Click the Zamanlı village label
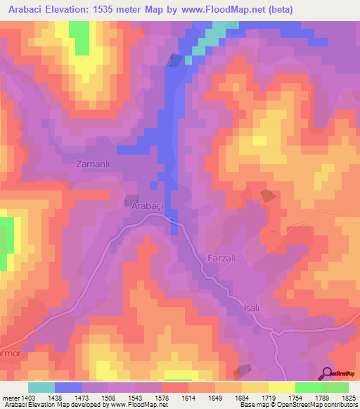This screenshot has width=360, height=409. [95, 164]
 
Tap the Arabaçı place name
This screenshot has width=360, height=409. [148, 206]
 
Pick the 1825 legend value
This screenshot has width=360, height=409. [349, 398]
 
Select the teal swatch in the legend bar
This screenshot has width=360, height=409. [41, 387]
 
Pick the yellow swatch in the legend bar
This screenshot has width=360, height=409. [281, 387]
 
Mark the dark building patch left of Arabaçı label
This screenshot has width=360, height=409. [131, 201]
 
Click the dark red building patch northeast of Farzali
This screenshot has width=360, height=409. [267, 196]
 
